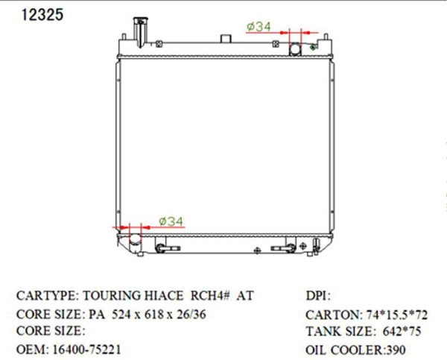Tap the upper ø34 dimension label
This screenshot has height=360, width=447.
click(x=258, y=27)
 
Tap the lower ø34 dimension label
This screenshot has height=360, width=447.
click(x=171, y=221)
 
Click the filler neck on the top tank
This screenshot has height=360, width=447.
click(x=139, y=31)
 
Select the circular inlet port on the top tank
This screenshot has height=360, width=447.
click(x=295, y=50)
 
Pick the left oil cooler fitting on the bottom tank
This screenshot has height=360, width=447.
click(x=165, y=246)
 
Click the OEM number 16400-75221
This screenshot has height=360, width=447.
click(x=85, y=349)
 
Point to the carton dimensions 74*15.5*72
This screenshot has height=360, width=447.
click(x=396, y=315)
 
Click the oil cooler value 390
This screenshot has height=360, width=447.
click(x=393, y=350)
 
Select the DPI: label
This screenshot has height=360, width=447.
click(x=318, y=296)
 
